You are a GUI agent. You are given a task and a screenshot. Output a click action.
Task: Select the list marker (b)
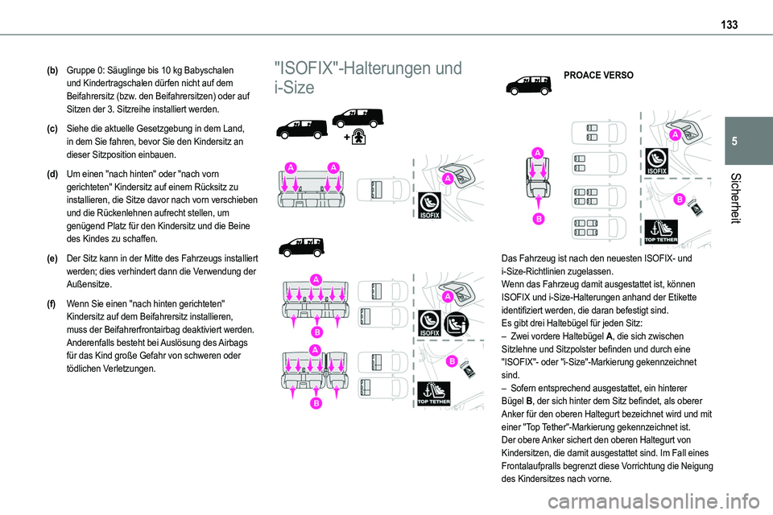point(52,71)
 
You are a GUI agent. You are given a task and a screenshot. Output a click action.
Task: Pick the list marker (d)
point(52,174)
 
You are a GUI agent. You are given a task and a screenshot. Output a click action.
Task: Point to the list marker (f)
point(52,303)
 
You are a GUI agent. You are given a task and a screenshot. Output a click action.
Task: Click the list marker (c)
point(52,128)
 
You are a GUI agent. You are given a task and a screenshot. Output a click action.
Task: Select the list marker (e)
point(52,259)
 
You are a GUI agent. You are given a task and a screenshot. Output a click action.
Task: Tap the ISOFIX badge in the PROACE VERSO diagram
point(656,159)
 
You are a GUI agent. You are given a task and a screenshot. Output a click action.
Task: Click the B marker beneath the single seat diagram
point(536,218)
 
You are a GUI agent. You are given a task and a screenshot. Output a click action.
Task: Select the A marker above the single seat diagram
point(536,152)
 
